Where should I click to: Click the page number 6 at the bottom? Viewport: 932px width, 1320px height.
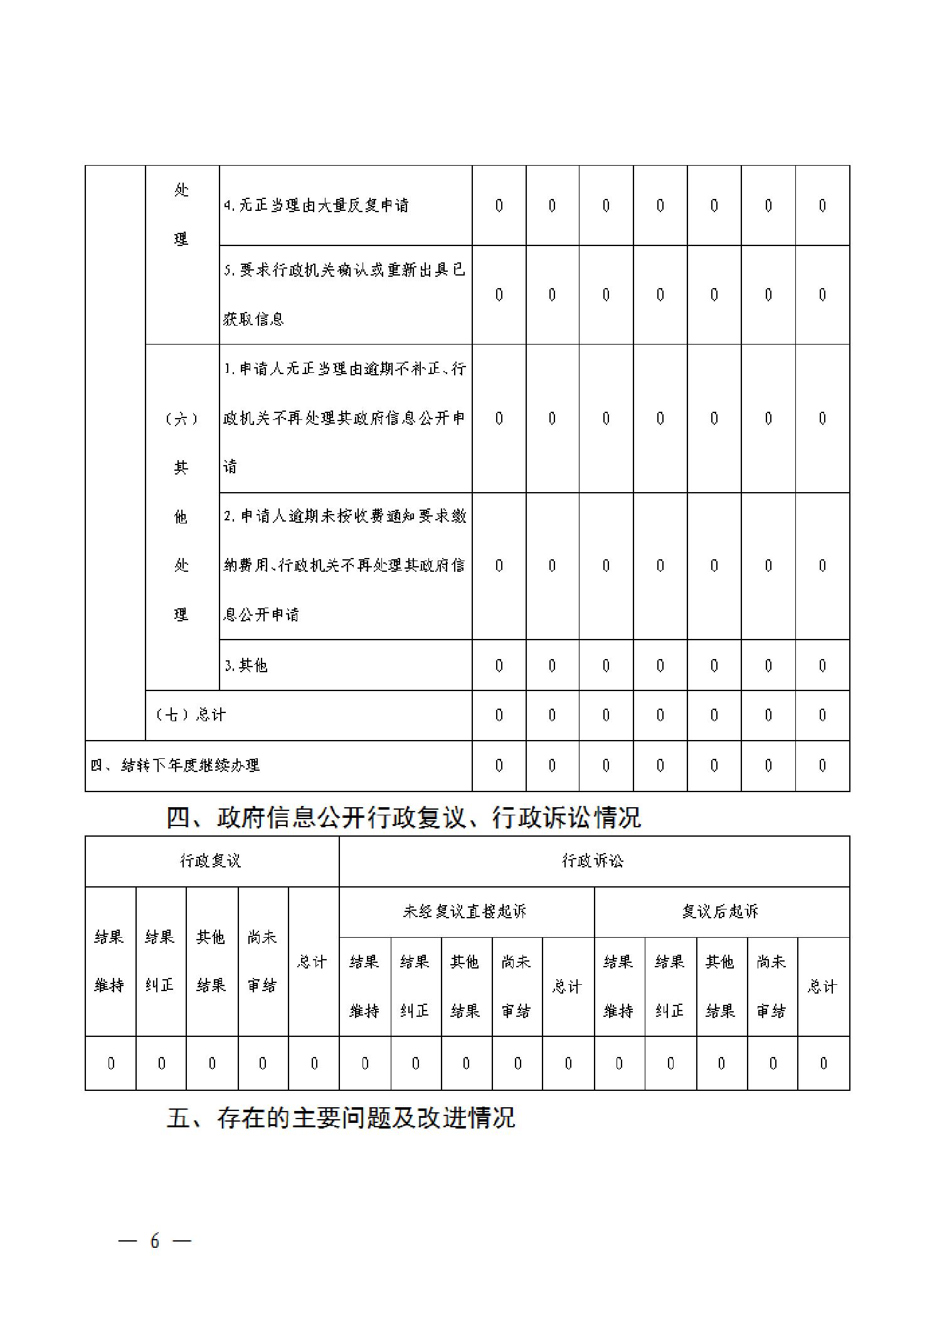point(154,1240)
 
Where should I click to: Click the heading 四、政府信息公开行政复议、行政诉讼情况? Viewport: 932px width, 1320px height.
point(403,817)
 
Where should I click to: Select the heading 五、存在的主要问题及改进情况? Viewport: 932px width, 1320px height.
point(341,1118)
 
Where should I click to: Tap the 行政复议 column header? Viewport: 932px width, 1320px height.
point(211,861)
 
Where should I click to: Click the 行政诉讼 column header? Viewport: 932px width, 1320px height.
point(593,861)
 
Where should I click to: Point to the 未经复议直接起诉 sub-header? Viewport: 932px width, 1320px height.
point(465,911)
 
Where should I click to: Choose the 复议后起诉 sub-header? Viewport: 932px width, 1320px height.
point(720,911)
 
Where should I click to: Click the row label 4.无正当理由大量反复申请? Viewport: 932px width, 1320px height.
point(317,205)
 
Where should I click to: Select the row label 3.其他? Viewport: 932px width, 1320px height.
point(246,665)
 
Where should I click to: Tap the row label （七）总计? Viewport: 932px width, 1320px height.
point(191,715)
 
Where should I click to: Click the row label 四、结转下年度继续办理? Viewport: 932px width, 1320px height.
point(175,765)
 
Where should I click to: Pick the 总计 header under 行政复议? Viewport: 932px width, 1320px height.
point(312,962)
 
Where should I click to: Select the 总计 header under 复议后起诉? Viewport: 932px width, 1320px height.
point(822,987)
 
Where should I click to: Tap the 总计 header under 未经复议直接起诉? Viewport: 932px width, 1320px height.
point(567,987)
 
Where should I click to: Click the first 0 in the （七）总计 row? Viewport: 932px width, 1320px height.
point(499,715)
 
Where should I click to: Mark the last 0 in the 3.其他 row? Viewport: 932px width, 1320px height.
point(822,665)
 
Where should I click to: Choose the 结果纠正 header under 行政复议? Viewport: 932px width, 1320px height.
point(160,961)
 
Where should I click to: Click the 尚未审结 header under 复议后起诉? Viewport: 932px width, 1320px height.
point(771,986)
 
